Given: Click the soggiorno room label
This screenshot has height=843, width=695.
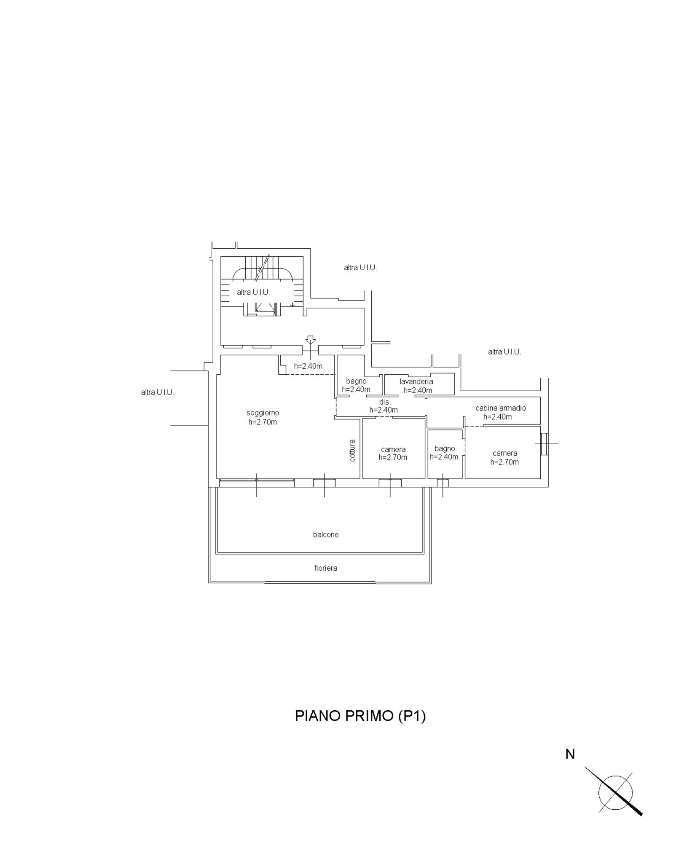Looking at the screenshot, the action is [263, 413].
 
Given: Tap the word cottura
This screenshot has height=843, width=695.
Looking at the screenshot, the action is [352, 450].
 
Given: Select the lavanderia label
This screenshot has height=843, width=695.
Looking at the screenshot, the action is [416, 381].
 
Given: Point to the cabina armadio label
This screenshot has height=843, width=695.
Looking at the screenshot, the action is [501, 408].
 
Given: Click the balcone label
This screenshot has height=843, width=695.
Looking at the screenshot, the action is [326, 534].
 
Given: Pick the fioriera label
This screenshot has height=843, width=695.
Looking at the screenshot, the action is [326, 568].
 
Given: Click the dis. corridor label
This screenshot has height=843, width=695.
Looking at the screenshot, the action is [385, 402].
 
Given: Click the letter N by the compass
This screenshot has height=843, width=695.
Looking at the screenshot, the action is [570, 754].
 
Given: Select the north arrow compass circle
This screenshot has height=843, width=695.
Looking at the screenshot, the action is [616, 792].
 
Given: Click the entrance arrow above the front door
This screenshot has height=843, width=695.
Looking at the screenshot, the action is [311, 339].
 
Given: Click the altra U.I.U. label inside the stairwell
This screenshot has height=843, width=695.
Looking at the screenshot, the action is [253, 292].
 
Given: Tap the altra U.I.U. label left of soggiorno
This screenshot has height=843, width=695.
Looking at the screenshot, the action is [158, 392].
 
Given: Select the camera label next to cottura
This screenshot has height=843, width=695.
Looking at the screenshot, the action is [393, 450].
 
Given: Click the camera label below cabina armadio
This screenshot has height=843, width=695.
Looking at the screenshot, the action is [505, 454].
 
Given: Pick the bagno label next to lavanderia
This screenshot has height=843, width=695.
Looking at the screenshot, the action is [356, 381].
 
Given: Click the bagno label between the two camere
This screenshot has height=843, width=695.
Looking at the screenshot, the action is [444, 449].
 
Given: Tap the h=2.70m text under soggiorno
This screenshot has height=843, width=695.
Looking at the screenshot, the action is [263, 422].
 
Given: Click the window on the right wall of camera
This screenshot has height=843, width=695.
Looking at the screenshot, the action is [545, 444].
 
